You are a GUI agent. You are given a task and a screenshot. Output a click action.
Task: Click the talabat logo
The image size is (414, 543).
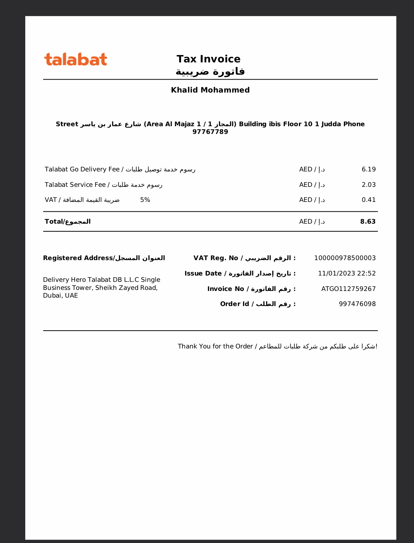(75, 60)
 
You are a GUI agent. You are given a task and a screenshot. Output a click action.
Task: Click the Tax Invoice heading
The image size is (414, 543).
(208, 59)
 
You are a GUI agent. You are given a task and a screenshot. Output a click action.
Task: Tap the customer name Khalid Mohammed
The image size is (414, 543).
(210, 90)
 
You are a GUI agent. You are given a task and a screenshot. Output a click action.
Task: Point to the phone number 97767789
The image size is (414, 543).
(210, 132)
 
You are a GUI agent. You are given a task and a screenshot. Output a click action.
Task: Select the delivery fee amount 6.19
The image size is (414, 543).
(368, 169)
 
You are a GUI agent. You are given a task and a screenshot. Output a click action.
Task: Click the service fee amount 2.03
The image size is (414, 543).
(368, 185)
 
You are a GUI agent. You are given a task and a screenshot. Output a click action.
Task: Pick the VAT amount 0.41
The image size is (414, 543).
(368, 200)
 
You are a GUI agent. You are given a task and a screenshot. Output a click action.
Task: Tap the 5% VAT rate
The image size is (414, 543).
(145, 200)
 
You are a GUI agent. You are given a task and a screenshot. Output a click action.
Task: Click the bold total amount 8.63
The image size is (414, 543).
(368, 222)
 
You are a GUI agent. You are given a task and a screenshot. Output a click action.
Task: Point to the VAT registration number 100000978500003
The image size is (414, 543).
(345, 258)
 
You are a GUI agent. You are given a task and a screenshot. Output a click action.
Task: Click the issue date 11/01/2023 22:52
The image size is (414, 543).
(347, 273)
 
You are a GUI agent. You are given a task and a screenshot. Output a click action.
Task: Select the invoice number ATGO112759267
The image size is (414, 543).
(348, 289)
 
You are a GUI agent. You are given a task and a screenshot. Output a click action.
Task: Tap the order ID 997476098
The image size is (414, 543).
(357, 304)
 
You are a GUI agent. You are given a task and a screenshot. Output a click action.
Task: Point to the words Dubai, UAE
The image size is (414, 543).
(60, 296)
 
